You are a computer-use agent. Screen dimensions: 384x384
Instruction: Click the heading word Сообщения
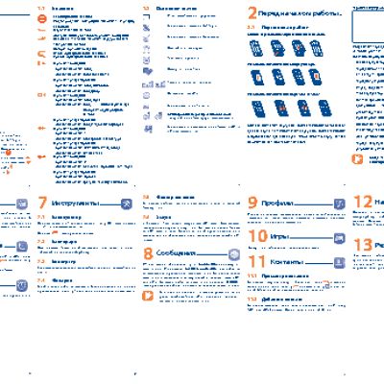[184, 253]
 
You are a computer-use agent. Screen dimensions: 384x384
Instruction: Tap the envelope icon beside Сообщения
[232, 253]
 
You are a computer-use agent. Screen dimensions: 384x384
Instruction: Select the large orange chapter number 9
[252, 204]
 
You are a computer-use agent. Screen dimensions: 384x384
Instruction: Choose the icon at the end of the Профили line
[338, 204]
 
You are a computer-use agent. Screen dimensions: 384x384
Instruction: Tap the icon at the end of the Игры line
[338, 237]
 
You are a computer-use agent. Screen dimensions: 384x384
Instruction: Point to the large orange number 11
[256, 260]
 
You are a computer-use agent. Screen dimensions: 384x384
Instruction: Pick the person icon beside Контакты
[338, 260]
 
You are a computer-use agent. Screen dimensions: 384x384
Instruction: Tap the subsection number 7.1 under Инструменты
[40, 218]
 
